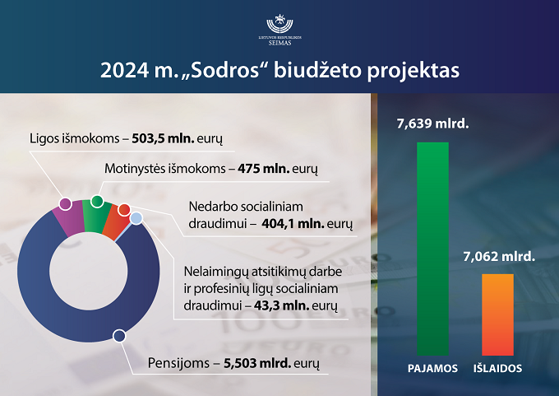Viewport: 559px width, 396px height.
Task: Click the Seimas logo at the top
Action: point(279,30)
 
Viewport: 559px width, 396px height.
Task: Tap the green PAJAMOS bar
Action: point(432,249)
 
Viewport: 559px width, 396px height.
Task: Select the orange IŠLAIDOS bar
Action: point(497,314)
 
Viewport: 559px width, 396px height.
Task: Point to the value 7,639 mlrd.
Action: point(432,123)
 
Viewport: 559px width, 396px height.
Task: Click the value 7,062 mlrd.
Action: point(499,256)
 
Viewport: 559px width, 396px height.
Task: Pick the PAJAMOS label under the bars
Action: point(432,369)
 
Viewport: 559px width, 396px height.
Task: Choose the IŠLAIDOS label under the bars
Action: point(497,369)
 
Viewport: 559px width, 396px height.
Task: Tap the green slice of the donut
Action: point(95,218)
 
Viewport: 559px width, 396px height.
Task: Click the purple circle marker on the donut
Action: point(65,204)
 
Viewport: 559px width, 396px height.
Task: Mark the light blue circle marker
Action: point(136,218)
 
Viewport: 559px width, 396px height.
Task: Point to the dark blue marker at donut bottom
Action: point(119,336)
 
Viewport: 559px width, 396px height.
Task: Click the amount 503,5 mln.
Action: point(163,138)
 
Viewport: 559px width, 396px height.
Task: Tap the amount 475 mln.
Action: point(263,168)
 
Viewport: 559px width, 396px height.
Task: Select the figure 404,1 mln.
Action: point(293,224)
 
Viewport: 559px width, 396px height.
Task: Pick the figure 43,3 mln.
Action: point(282,305)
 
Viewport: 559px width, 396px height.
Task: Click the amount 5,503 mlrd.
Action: point(257,363)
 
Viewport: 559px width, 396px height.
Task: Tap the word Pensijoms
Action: point(178,364)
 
